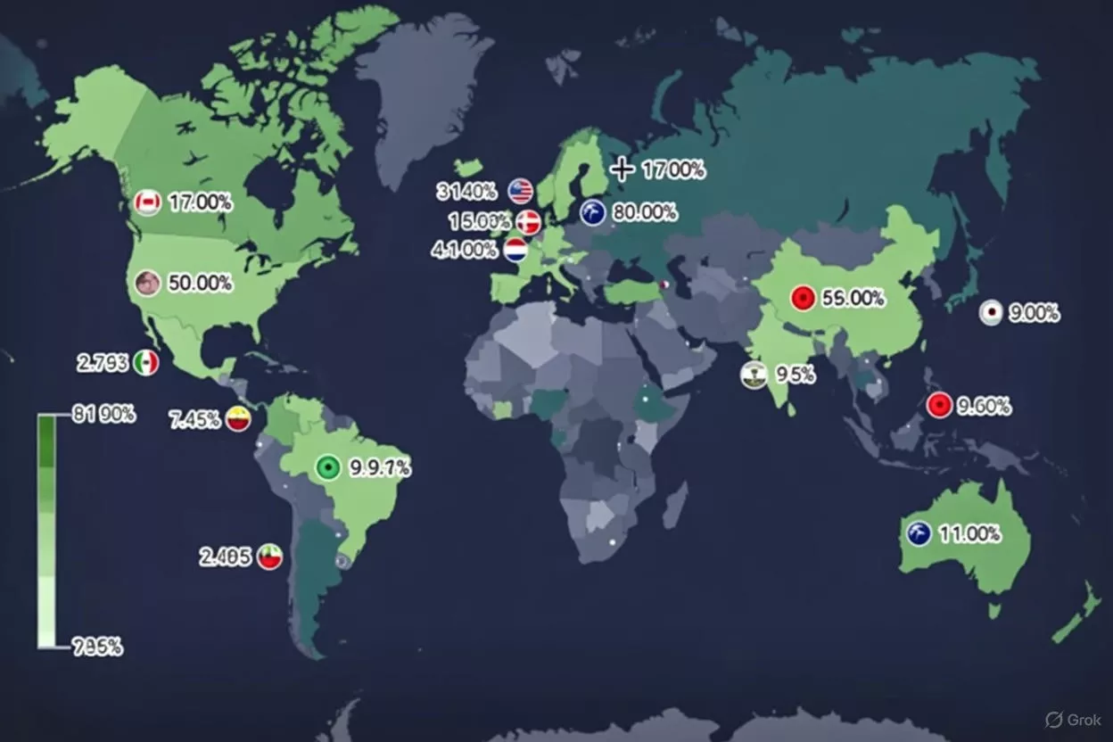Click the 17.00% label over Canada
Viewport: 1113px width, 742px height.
tap(200, 202)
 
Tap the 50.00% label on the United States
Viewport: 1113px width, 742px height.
tap(200, 284)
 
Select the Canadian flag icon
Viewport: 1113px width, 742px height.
tap(147, 202)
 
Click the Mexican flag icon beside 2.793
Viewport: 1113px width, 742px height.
tap(146, 363)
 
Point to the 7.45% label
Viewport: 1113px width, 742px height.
tap(194, 419)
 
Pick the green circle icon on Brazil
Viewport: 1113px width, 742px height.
tap(328, 467)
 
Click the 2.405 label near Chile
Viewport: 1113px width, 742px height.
tap(225, 557)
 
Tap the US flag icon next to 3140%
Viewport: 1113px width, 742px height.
tap(521, 190)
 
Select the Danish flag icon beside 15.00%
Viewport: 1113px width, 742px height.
tap(528, 222)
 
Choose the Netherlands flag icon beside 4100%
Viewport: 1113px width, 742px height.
tap(515, 250)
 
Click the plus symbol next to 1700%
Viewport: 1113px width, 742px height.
tap(622, 169)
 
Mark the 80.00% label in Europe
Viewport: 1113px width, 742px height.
tap(644, 213)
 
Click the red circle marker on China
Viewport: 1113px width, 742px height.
tap(803, 299)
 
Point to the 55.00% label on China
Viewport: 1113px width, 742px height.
tap(853, 299)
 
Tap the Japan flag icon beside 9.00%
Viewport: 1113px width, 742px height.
tap(990, 312)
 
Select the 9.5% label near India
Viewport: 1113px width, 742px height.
tap(794, 375)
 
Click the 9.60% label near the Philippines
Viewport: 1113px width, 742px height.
tap(984, 406)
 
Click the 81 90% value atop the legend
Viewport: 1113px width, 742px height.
tap(103, 414)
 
